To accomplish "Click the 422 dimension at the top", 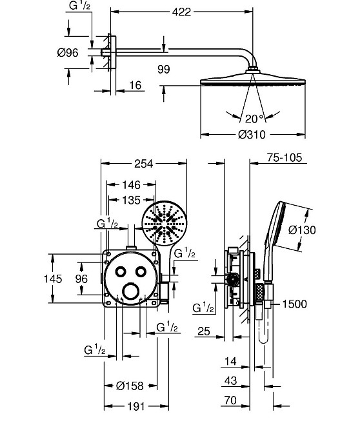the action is (181, 12).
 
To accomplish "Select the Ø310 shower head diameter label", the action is (252, 135).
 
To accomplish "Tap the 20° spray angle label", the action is (254, 119).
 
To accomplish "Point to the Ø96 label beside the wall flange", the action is (68, 52).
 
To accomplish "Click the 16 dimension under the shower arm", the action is (135, 85).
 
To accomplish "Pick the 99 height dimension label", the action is (164, 69).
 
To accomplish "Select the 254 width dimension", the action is (143, 164).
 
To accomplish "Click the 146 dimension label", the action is (131, 185).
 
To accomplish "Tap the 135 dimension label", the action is (131, 200).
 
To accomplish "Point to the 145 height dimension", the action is (53, 279).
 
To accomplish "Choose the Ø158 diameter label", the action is (130, 386).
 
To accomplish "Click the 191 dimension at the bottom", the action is (136, 406).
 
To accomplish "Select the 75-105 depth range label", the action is (285, 157).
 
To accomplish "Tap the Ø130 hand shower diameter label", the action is (302, 230).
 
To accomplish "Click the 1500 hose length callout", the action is (295, 304).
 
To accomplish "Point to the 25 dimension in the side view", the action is (204, 331).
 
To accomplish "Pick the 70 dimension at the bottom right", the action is (230, 400).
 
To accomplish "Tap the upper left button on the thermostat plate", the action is (121, 272).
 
